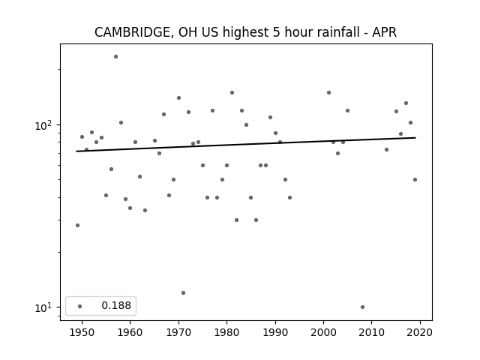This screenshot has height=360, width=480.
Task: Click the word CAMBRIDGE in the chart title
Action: pos(132,32)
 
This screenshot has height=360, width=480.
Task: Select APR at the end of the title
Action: pos(384,32)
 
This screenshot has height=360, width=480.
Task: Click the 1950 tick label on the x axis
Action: pos(82,332)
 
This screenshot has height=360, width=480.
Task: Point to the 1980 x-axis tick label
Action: pos(226,332)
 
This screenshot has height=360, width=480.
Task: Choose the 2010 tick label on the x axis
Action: pos(372,332)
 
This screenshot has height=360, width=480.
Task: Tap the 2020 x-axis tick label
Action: pos(420,332)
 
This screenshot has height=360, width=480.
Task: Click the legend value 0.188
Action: pos(116,305)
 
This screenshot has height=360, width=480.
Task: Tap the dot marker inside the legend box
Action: pos(79,306)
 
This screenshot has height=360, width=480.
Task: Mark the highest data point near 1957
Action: pos(115,57)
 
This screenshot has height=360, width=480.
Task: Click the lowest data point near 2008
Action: pos(362,307)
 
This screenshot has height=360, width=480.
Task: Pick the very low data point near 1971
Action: pos(183,293)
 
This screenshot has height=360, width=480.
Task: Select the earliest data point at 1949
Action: pos(77,225)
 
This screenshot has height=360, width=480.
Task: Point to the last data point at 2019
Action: pos(415,180)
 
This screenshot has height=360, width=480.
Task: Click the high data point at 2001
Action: pos(328,93)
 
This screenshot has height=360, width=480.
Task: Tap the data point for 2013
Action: pos(387,150)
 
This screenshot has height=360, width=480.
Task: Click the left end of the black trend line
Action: pos(76,151)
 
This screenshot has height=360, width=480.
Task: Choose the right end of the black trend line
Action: pos(415,138)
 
